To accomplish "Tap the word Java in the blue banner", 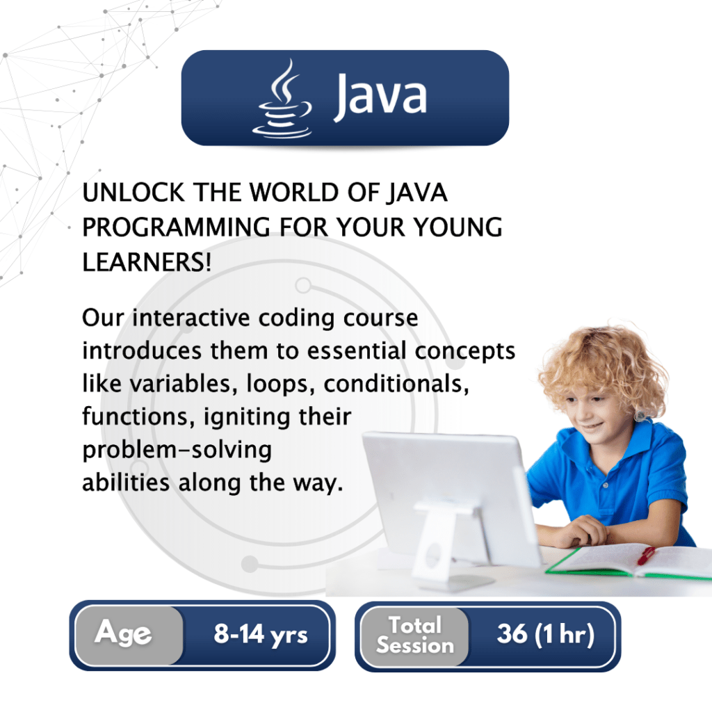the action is click(380, 96).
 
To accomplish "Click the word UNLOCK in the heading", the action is click(133, 192).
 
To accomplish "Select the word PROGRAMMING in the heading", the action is click(176, 227).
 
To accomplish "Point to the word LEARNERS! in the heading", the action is click(147, 262).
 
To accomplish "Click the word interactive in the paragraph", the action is click(191, 317).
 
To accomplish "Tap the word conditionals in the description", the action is click(396, 384).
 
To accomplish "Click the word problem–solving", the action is click(177, 451).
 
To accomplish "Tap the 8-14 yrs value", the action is click(261, 634).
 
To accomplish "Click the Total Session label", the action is click(414, 636).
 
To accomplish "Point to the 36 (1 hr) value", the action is click(545, 634).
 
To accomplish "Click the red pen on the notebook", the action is click(647, 555).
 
